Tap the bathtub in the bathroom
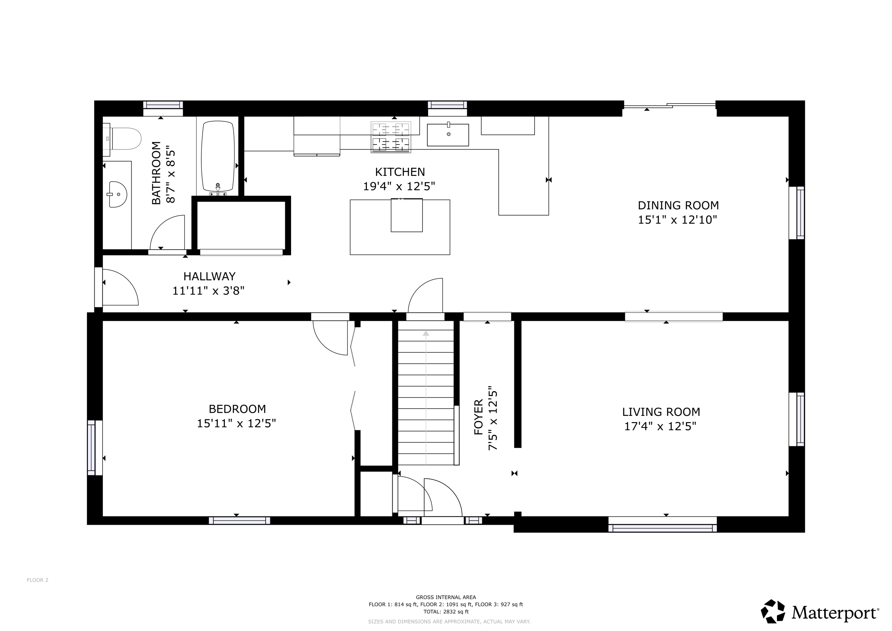click(218, 157)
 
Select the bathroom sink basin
click(118, 194)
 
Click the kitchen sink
click(448, 134)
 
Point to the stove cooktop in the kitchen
click(391, 137)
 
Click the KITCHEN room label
click(400, 172)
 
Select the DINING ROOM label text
click(678, 205)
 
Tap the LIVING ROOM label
click(661, 412)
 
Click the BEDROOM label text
click(237, 409)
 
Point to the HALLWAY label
click(209, 276)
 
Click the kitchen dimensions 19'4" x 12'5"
click(399, 187)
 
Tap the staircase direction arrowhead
click(426, 333)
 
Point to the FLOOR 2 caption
click(37, 580)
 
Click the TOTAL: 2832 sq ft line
click(446, 612)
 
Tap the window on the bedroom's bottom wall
click(239, 521)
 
